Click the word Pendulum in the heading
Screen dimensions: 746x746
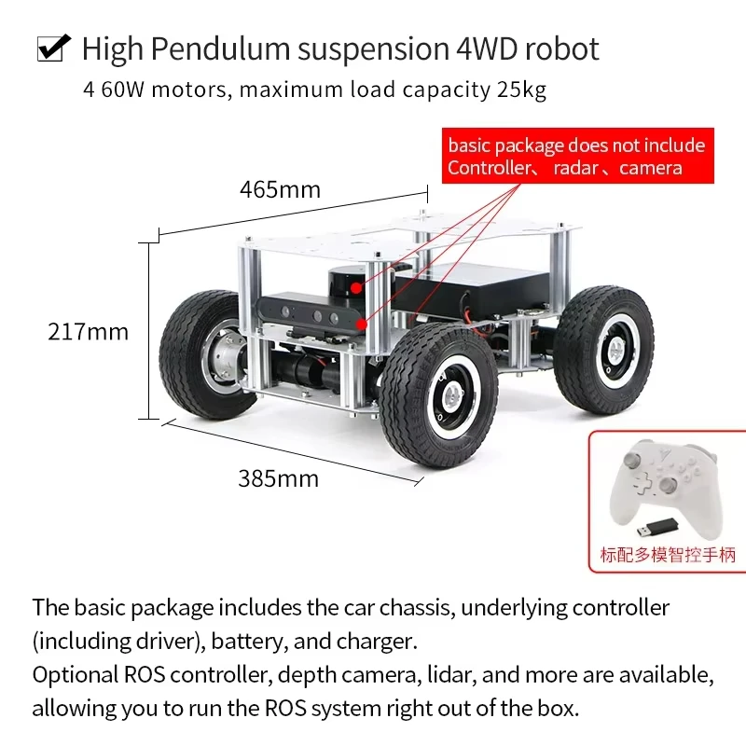pos(220,49)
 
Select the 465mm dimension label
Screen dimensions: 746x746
pos(280,189)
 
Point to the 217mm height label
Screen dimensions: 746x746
pos(88,332)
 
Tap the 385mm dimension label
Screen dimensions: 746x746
pos(278,478)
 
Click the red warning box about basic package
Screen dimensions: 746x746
pos(577,156)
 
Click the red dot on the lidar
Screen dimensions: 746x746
pos(356,287)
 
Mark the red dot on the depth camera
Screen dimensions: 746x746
pos(362,325)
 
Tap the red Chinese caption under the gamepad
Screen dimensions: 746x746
pos(668,555)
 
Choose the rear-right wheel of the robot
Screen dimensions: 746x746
pos(603,348)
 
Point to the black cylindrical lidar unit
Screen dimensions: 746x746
pos(350,283)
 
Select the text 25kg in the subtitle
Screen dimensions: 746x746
pos(521,90)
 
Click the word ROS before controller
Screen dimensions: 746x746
pos(145,674)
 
